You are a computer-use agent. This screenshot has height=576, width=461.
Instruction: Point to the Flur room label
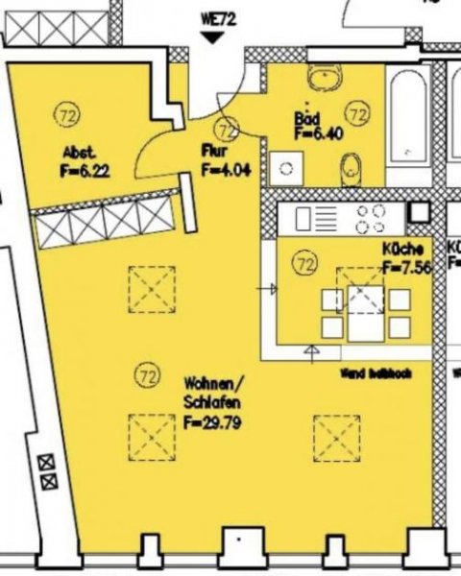213,151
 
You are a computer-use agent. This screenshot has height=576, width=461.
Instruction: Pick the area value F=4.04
226,168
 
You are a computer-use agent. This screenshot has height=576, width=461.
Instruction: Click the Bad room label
306,117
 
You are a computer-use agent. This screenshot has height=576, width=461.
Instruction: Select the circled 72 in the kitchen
306,261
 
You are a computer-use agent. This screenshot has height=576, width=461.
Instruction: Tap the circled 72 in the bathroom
357,115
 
